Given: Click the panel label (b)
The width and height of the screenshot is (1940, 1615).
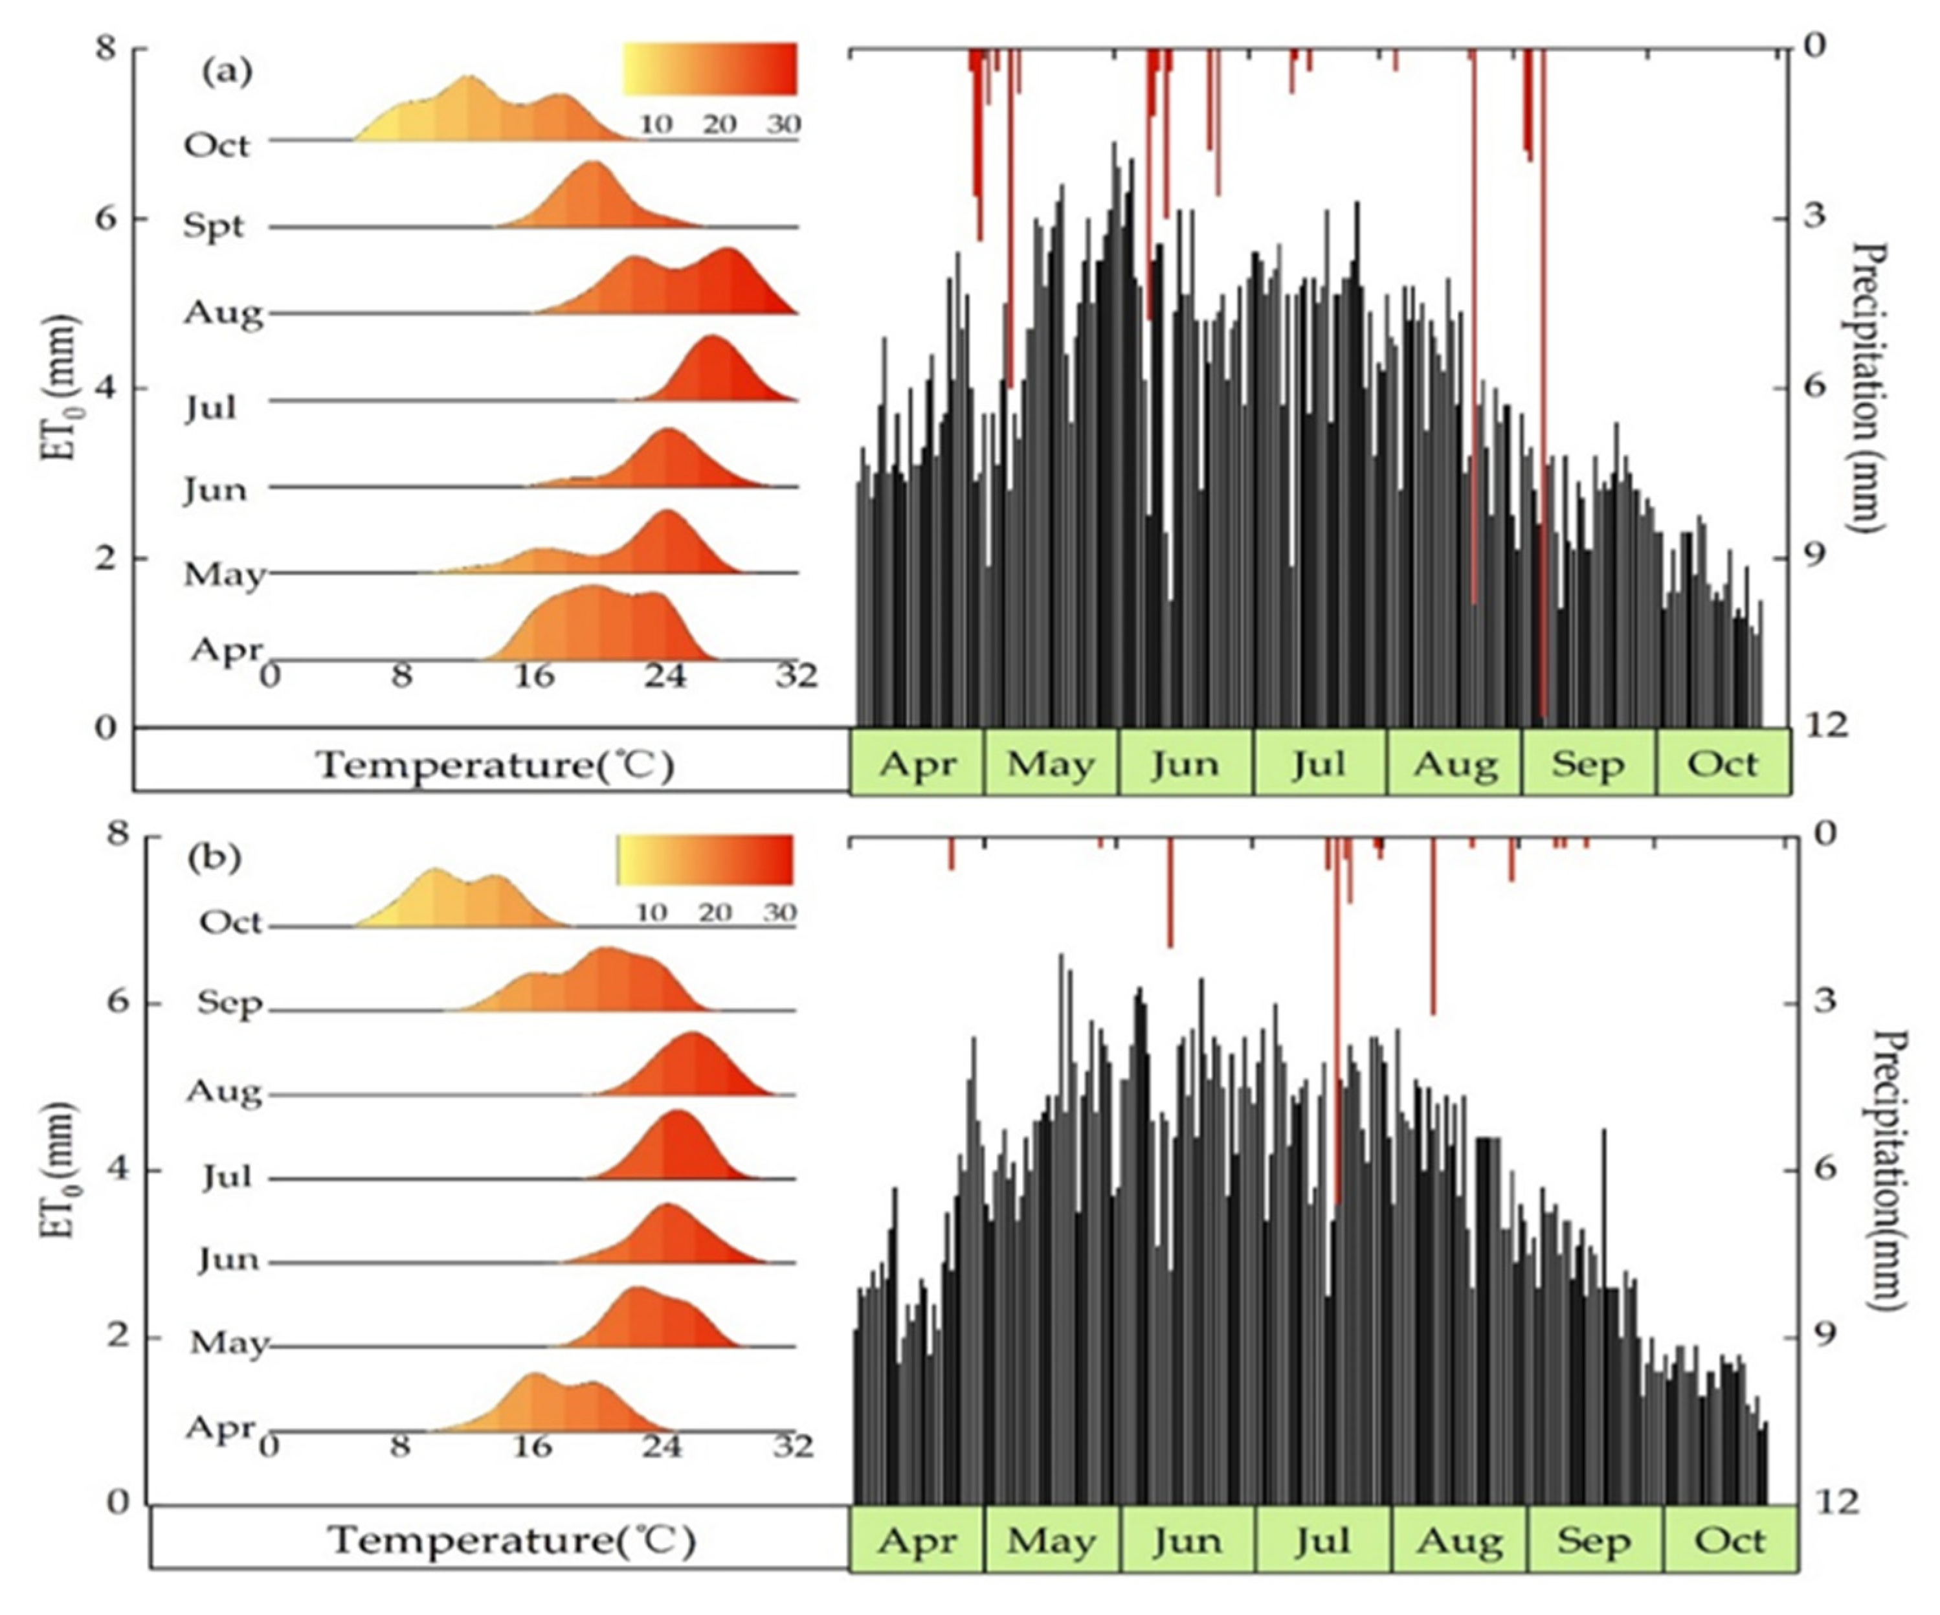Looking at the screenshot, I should point(214,858).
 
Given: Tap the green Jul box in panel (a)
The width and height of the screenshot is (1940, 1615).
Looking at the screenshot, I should point(1319,764).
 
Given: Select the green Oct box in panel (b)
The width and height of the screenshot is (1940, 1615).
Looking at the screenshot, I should point(1730,1540).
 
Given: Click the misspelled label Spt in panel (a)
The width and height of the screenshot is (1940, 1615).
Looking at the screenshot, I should point(214,227).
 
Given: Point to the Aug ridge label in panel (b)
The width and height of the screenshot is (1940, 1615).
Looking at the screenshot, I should point(223,1092).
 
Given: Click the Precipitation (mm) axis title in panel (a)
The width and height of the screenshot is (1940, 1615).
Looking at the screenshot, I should point(1869,388).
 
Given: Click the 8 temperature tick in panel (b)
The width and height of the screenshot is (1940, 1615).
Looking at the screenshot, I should point(399,1445).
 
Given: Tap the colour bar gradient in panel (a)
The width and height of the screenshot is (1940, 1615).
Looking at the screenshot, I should point(709,69).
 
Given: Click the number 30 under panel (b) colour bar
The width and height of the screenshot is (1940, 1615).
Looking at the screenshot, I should point(779,913).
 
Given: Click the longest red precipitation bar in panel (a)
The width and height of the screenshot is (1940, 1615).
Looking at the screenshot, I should point(1543,388).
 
